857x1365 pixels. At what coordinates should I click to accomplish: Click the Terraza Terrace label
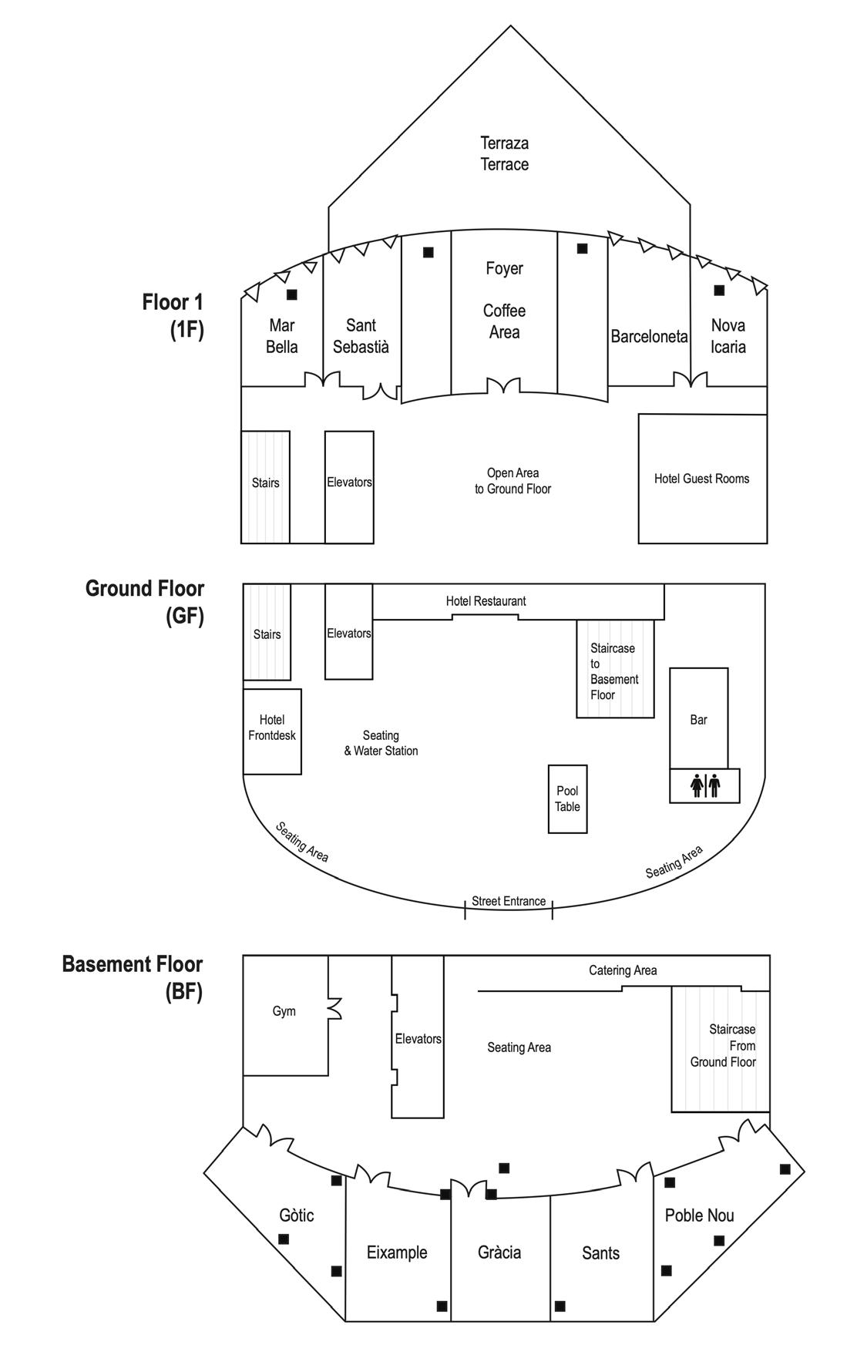(505, 153)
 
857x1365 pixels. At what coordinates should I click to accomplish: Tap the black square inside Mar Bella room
(291, 294)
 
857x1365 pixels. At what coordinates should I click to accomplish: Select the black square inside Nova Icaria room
(719, 291)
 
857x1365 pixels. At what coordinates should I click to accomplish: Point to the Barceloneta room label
(649, 337)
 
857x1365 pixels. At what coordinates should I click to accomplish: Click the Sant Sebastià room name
(361, 336)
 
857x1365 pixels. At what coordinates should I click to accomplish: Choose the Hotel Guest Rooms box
(702, 479)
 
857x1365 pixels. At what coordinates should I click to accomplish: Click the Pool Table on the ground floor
(567, 798)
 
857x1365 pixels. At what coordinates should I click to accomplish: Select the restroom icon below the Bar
(704, 785)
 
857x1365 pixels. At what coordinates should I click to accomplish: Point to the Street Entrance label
(509, 901)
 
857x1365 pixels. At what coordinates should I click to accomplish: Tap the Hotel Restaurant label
(486, 601)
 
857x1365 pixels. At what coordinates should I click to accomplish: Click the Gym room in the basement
(284, 1012)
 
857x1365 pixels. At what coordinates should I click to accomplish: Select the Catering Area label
(623, 970)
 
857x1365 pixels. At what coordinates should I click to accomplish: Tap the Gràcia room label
(499, 1252)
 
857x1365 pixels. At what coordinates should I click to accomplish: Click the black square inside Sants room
(560, 1306)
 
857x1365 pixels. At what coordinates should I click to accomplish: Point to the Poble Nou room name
(699, 1215)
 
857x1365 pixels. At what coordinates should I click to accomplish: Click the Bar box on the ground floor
(698, 719)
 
